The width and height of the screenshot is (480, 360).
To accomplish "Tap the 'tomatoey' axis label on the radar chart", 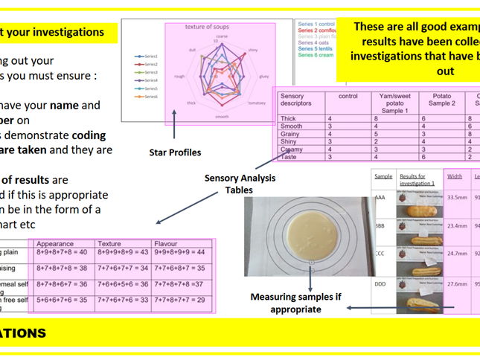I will click(x=256, y=103).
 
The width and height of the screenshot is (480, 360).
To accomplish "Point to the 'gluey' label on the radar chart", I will click(x=263, y=76).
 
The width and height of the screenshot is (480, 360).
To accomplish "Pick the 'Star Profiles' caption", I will click(x=175, y=152).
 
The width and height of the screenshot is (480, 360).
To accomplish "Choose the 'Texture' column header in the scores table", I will click(x=110, y=243).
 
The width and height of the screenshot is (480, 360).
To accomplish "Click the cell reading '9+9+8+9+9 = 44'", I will click(x=183, y=252).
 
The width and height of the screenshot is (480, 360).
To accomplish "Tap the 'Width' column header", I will click(x=454, y=176).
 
